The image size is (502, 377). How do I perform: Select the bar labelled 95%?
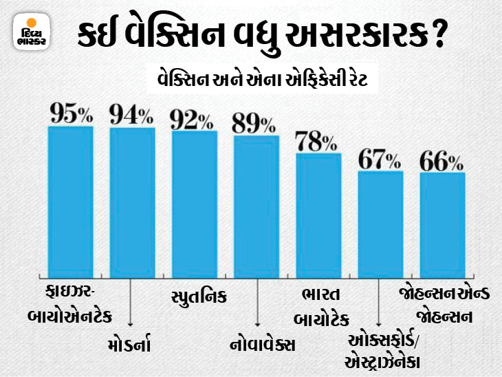point(70,200)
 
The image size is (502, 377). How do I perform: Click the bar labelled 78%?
point(318,213)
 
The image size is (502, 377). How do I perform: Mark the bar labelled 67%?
point(380,223)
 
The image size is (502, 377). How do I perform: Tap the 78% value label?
point(316,141)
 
